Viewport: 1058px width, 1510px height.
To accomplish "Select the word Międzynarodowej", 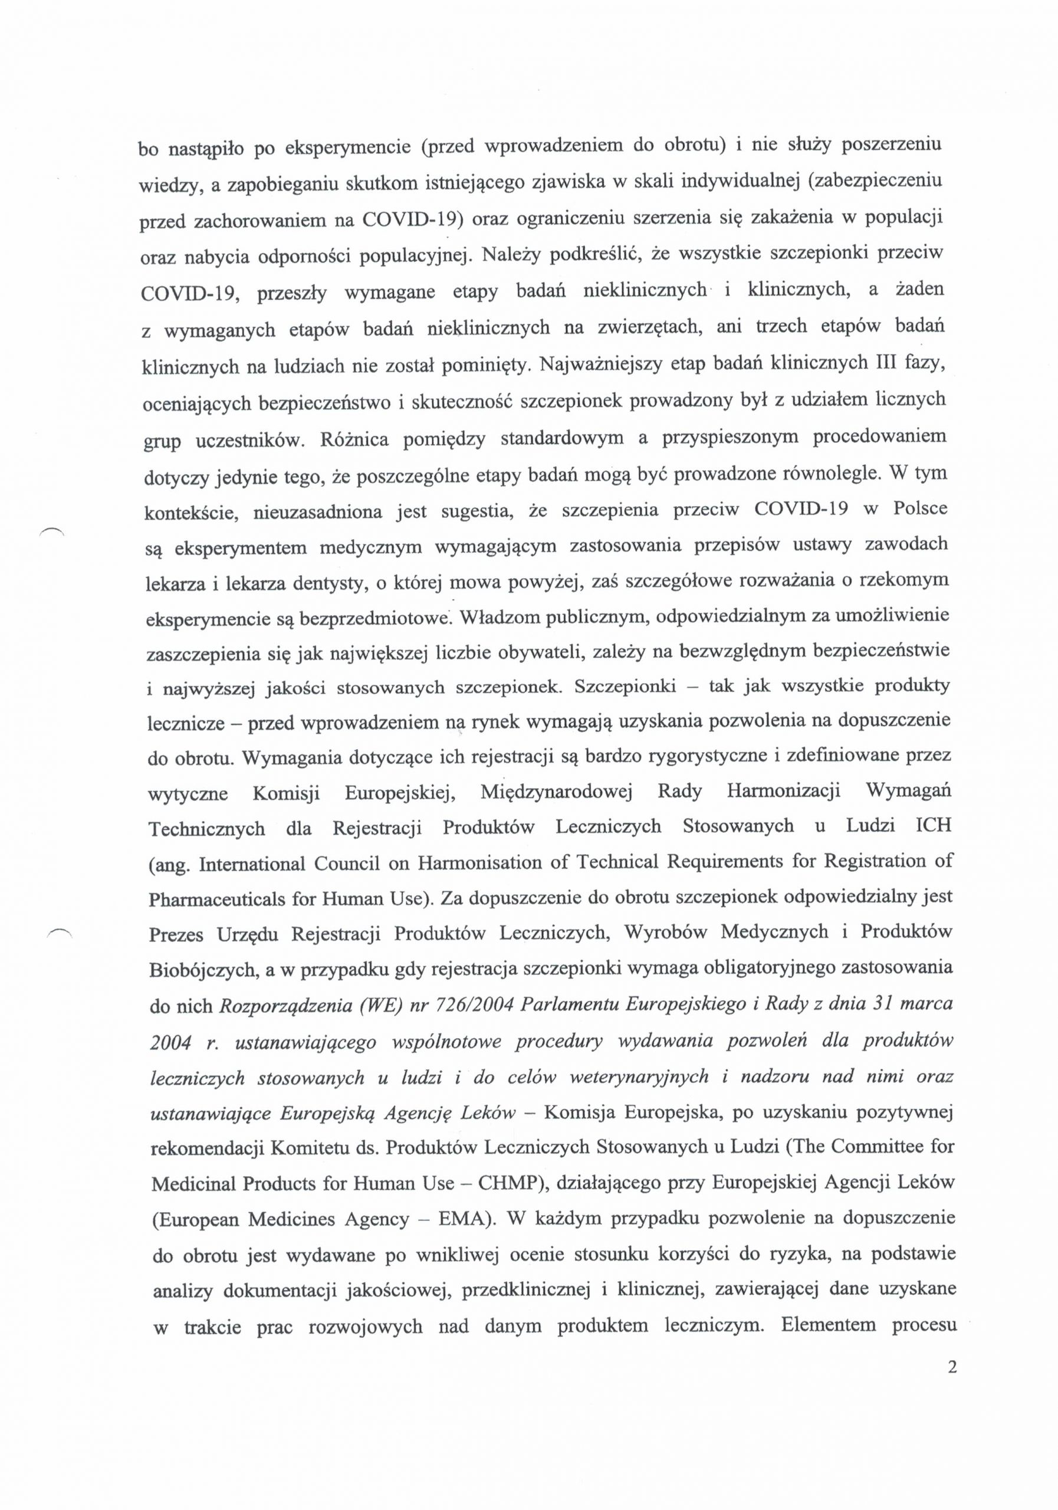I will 556,790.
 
